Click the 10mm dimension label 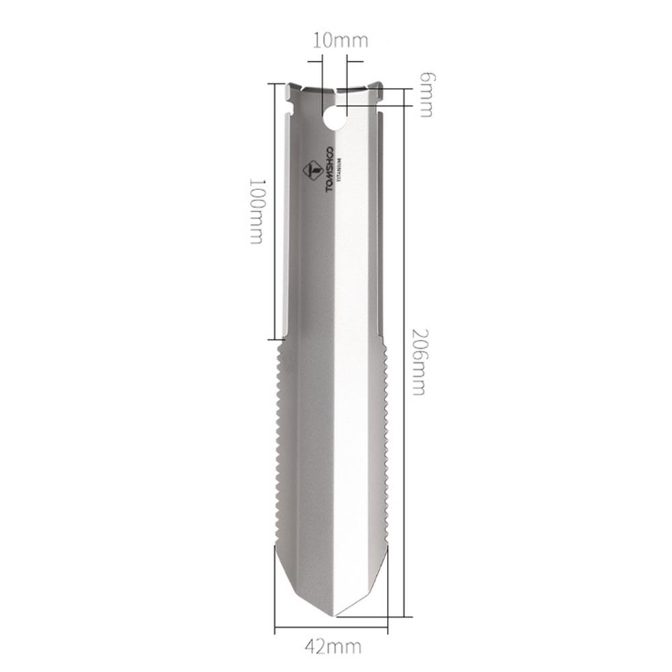click(x=341, y=40)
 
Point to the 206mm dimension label click(x=418, y=362)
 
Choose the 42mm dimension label click(x=333, y=646)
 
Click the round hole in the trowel click(x=334, y=119)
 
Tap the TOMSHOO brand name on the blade click(x=330, y=169)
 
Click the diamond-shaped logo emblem click(x=310, y=171)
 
